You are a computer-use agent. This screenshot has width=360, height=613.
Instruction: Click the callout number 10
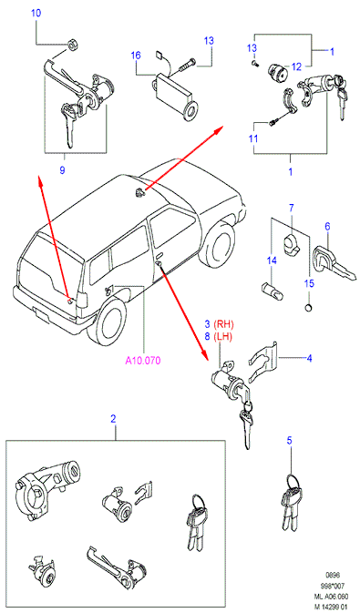click(36, 13)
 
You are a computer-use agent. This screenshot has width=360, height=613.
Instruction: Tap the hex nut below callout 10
click(72, 45)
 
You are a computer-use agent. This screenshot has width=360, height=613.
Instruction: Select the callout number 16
click(136, 56)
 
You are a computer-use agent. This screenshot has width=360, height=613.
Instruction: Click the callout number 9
click(62, 170)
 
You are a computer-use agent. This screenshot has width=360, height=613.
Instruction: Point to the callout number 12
click(296, 66)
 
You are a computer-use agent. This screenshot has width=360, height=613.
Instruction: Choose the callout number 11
click(253, 138)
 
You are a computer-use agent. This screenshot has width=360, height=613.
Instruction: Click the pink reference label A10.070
click(143, 361)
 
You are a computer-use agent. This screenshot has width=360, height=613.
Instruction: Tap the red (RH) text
click(224, 324)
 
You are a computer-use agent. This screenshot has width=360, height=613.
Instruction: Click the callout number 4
click(309, 358)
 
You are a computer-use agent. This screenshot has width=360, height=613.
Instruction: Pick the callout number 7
click(291, 208)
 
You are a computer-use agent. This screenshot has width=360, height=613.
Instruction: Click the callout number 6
click(327, 226)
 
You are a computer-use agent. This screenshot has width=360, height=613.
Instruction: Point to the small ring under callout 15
click(309, 309)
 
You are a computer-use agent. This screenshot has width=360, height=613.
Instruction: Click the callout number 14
click(272, 260)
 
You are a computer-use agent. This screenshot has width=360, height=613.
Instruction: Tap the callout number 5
click(289, 441)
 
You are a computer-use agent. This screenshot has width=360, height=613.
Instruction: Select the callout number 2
click(113, 419)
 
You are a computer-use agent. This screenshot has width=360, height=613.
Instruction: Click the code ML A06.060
click(330, 598)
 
